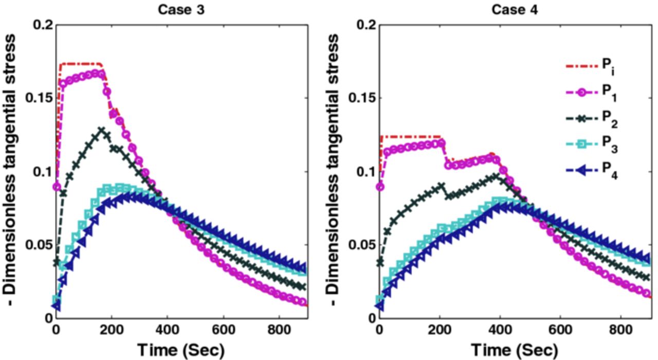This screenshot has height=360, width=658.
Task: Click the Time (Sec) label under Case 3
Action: point(181,350)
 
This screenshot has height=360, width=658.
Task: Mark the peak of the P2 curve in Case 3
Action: point(102,130)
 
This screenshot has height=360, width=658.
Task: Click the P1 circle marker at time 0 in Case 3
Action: point(57,187)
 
